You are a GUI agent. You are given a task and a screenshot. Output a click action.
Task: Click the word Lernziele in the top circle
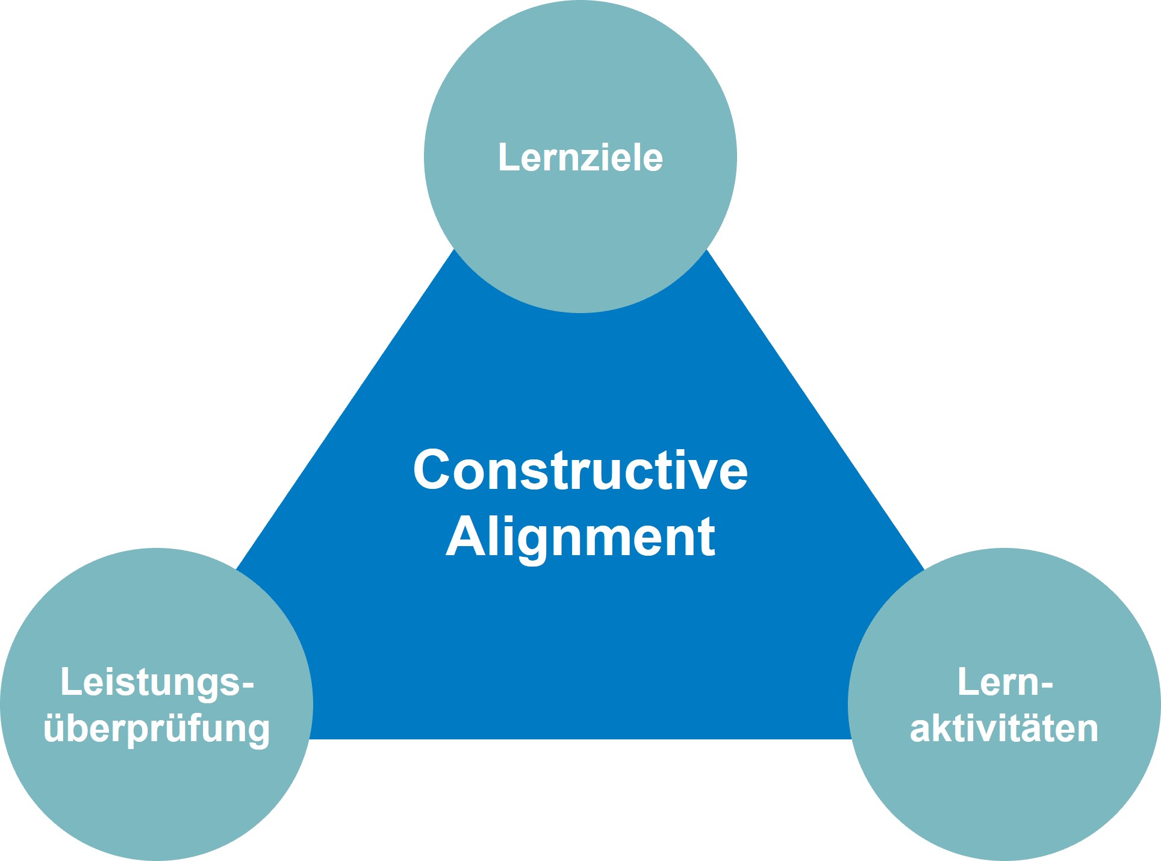point(580,158)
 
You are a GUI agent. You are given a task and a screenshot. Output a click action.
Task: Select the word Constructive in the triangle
point(580,470)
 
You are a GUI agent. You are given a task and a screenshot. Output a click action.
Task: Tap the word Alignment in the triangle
point(580,537)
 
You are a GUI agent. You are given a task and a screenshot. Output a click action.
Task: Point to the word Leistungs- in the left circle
point(157,683)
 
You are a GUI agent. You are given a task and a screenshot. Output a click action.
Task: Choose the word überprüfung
point(157,729)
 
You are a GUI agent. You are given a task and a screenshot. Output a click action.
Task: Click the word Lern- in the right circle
point(1004,683)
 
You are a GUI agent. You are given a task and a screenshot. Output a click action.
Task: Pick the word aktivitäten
point(1004,729)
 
